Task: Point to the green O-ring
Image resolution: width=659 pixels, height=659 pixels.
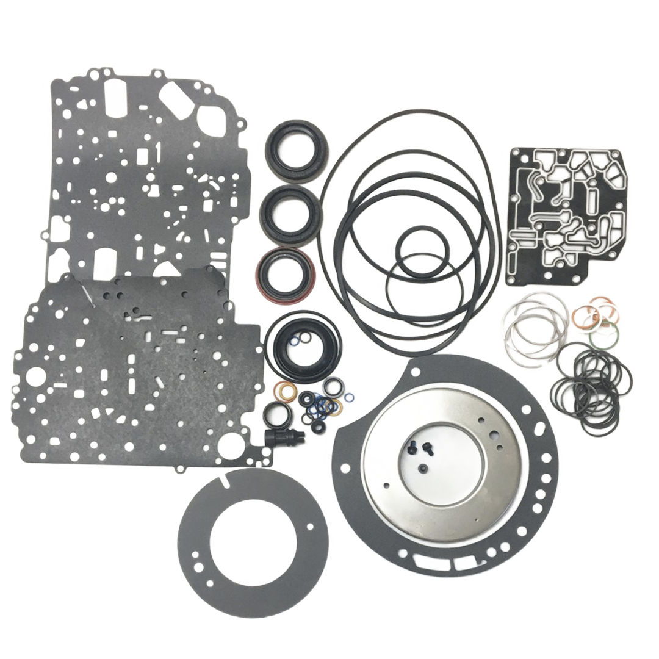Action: pyautogui.click(x=610, y=333)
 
